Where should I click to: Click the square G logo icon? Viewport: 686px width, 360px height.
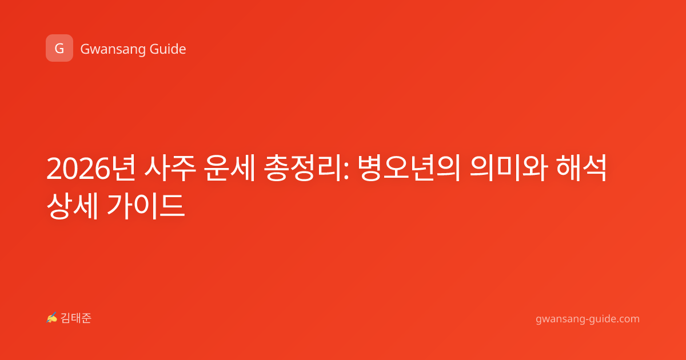click(x=59, y=48)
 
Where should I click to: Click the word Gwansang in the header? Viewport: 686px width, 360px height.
click(x=113, y=50)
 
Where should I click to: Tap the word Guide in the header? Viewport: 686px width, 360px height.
click(x=168, y=49)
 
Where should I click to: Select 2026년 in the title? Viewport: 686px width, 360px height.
click(x=91, y=168)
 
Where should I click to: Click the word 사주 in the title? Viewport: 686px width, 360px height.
click(x=170, y=168)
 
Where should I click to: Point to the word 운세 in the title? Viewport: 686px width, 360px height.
click(x=230, y=168)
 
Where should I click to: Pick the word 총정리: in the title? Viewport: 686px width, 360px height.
click(x=306, y=168)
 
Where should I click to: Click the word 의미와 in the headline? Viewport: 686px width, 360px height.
click(x=509, y=168)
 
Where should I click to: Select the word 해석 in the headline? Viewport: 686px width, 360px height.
click(x=581, y=168)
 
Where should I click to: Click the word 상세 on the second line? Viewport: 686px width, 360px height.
click(x=72, y=206)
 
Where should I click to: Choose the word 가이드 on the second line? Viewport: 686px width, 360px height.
click(x=146, y=206)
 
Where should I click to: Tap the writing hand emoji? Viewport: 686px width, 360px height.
click(x=52, y=318)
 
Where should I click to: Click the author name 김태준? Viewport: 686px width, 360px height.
click(x=76, y=318)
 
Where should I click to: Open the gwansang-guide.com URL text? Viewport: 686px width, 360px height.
click(x=588, y=319)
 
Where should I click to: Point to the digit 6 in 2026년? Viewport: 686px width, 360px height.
click(x=102, y=169)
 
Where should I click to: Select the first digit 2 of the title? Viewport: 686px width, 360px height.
click(x=54, y=169)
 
